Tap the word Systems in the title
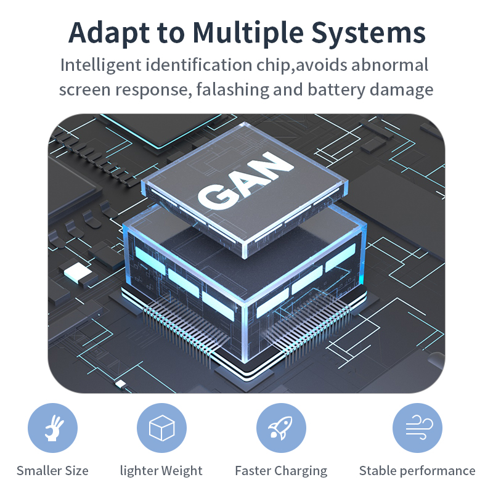pos(370,32)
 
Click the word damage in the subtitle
pos(402,89)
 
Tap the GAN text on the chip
pos(246,181)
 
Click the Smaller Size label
pos(53,471)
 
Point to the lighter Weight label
pos(161,471)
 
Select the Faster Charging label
pos(281,471)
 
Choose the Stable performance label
pos(417,471)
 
